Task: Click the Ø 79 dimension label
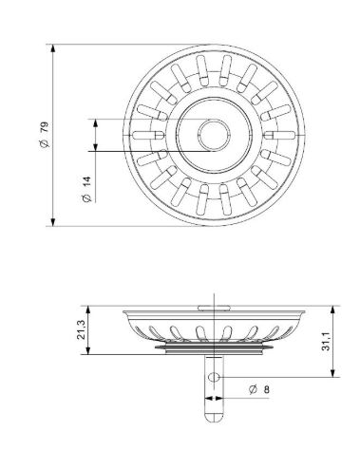[x=45, y=135]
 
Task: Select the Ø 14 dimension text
[x=86, y=189]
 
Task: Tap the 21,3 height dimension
[x=81, y=329]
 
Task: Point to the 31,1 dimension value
[x=326, y=342]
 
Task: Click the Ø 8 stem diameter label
[x=259, y=389]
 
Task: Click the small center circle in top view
[x=214, y=135]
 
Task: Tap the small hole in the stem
[x=214, y=377]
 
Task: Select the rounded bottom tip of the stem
[x=214, y=418]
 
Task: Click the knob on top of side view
[x=214, y=308]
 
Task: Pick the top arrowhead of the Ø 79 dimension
[x=53, y=48]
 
